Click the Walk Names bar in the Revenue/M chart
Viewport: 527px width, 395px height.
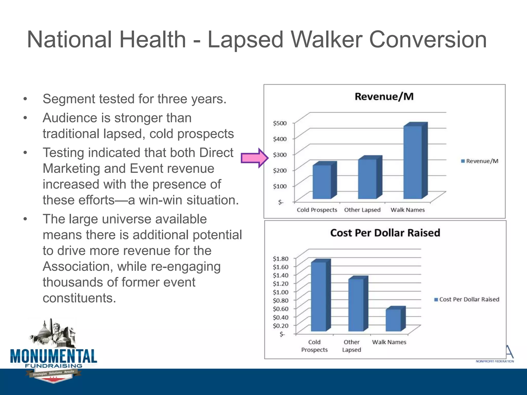point(412,162)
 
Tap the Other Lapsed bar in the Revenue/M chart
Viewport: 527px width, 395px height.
point(367,179)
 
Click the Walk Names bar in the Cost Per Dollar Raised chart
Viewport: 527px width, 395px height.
point(393,320)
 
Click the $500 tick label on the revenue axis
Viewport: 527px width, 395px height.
point(279,123)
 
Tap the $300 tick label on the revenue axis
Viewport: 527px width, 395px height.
point(279,155)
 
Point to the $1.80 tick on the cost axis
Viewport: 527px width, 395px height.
point(280,258)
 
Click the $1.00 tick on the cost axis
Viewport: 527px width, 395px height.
point(280,292)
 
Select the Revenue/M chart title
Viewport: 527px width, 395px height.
point(384,97)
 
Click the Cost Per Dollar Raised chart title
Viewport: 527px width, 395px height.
point(385,233)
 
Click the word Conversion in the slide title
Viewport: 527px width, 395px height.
point(427,40)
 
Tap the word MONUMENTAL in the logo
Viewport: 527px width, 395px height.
point(54,356)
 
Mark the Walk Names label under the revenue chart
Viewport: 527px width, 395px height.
point(407,210)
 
